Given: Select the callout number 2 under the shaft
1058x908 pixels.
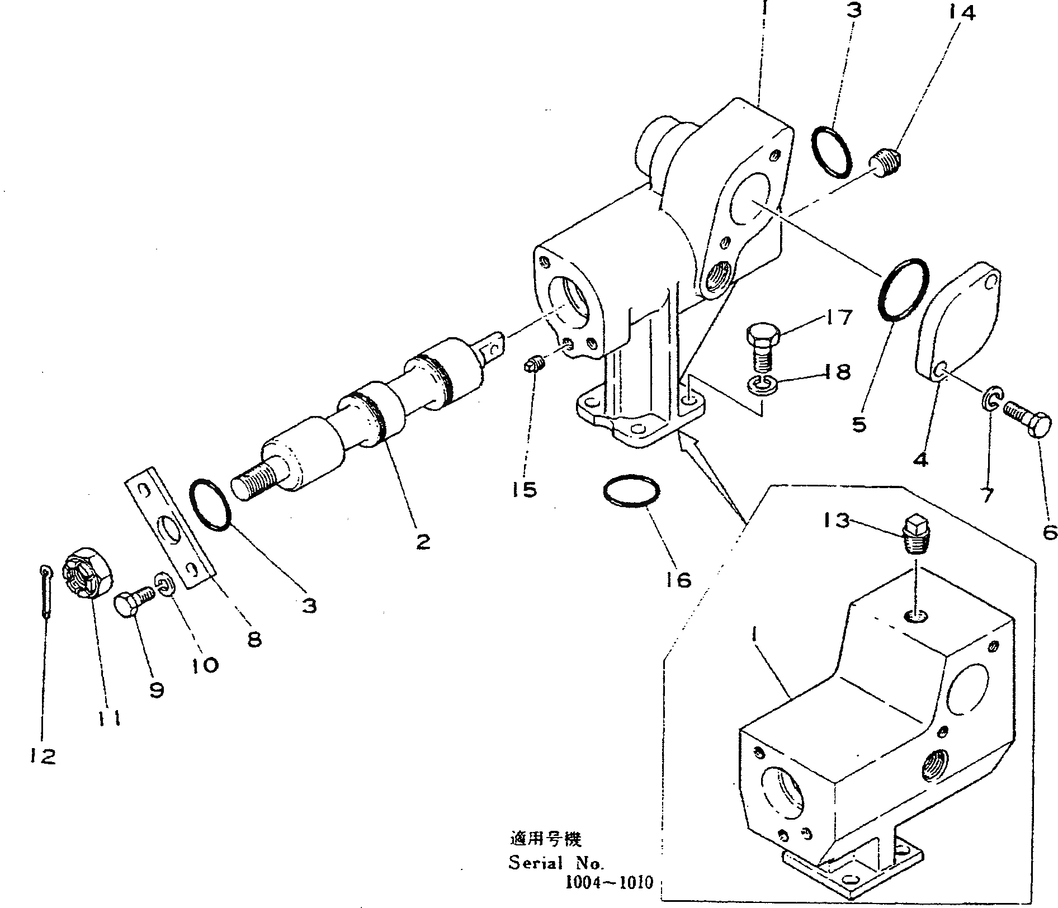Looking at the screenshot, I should point(423,541).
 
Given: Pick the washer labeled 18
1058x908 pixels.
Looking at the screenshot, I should point(762,384).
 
